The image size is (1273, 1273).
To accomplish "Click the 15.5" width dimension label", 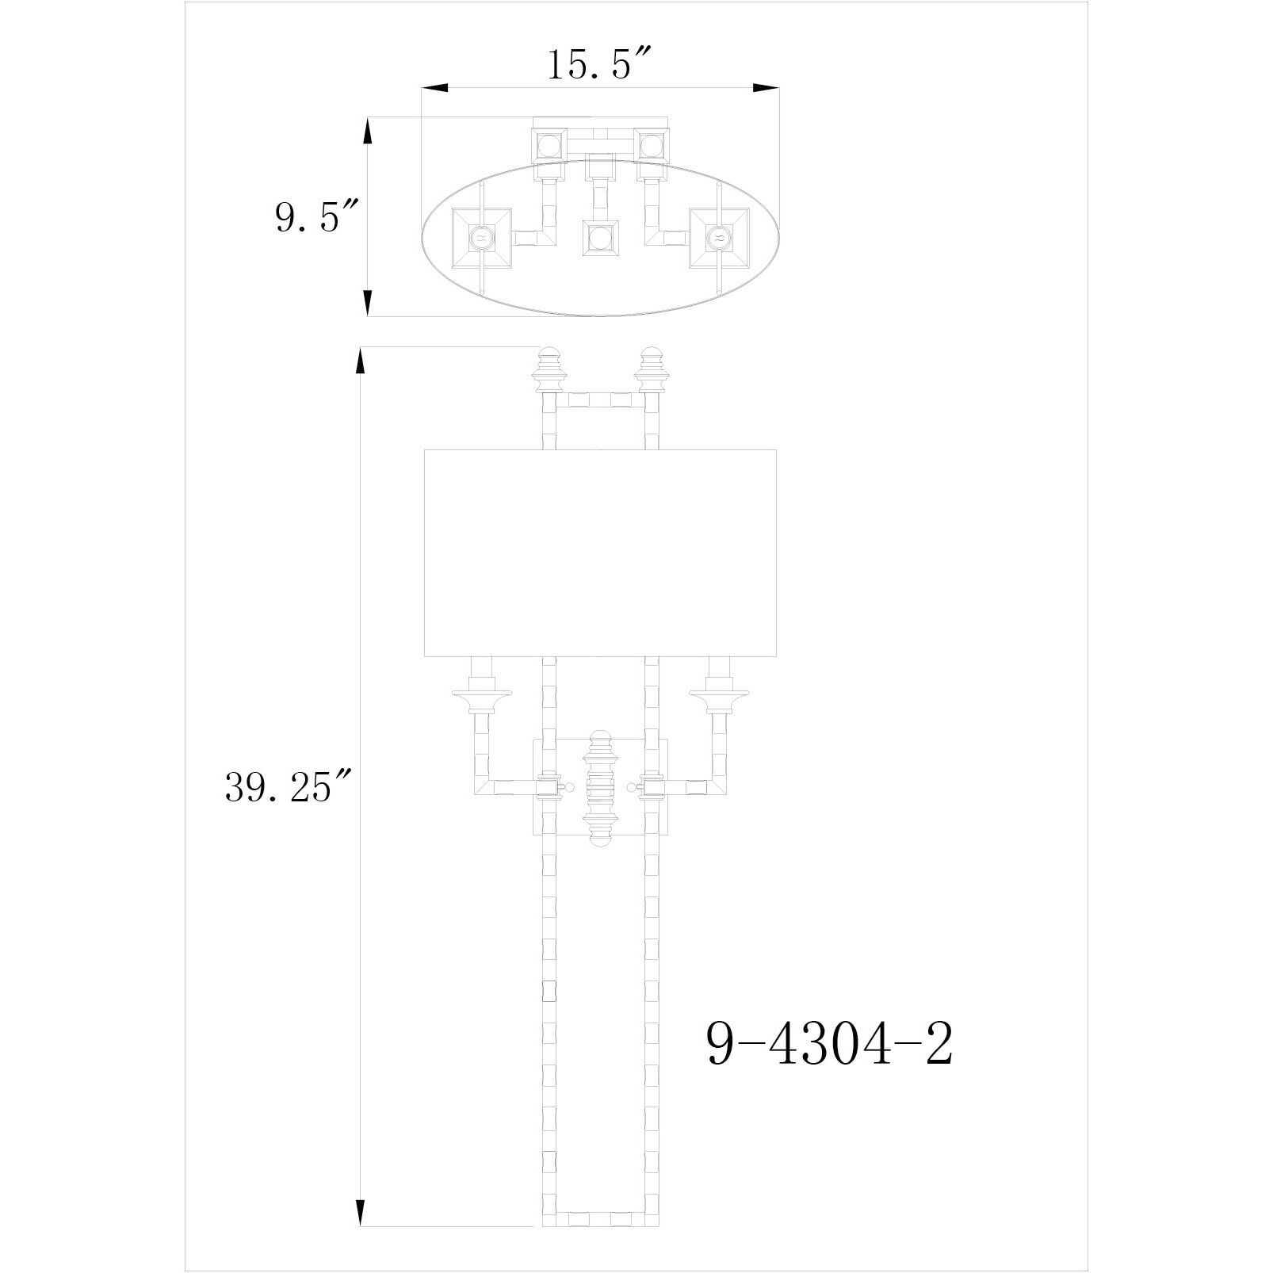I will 599,65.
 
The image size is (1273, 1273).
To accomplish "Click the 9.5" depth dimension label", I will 317,216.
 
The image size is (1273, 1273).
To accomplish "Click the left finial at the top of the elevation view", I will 549,369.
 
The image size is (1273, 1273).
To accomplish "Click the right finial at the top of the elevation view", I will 651,369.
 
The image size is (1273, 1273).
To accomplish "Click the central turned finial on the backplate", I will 600,788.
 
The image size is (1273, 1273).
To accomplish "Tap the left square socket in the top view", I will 481,236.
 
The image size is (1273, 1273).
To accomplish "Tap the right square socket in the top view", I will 719,236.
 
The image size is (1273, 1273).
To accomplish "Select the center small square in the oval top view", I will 600,236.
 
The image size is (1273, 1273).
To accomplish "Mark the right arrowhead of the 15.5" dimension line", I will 765,88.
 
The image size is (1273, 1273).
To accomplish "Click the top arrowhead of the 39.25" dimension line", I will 361,363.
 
